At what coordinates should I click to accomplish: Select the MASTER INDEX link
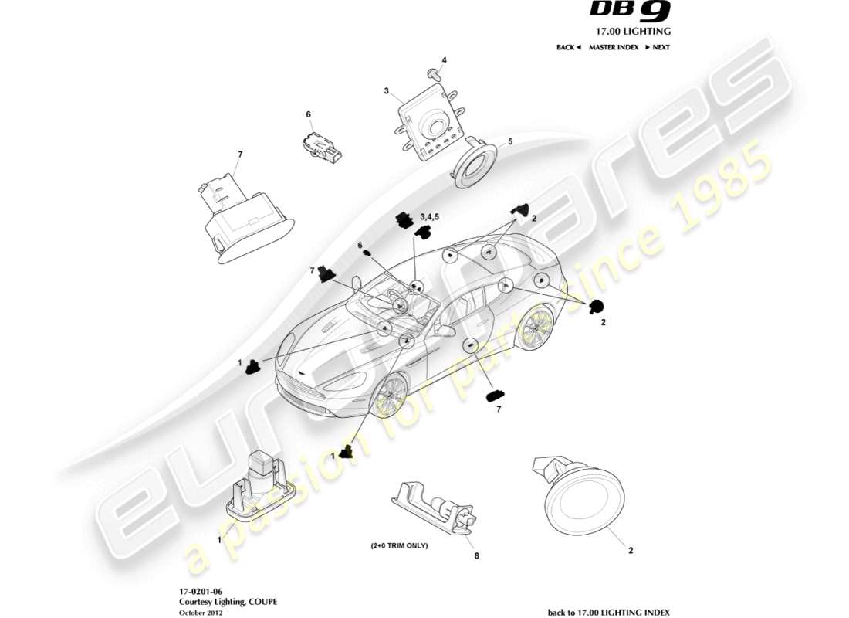(613, 47)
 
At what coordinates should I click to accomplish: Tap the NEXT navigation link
(658, 47)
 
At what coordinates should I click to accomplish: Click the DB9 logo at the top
(631, 12)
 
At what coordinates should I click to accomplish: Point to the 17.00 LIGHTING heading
(631, 32)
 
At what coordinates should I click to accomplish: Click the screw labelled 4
(432, 74)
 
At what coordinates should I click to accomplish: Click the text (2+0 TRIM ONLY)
(398, 545)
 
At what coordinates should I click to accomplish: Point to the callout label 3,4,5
(429, 216)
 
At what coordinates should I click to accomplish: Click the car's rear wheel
(533, 331)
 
